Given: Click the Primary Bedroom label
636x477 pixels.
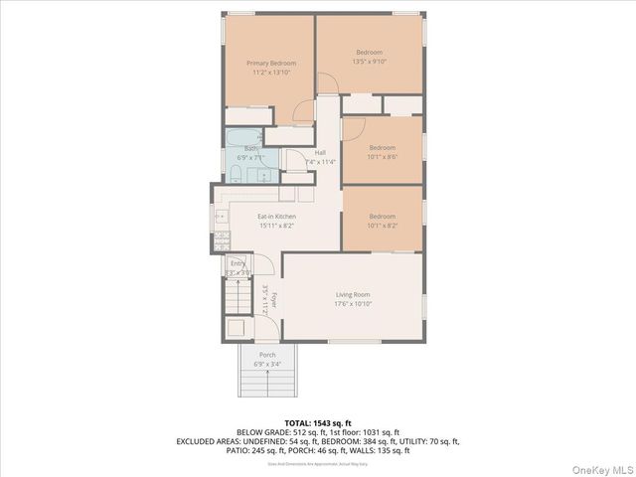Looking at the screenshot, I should pos(271,64).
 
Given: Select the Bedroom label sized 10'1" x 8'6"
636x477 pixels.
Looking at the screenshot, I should pos(383,148).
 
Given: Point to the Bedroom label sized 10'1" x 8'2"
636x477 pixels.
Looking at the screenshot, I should pos(383,217).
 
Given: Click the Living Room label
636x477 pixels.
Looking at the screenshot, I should pos(353,294).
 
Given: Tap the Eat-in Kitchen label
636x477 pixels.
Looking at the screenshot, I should pos(276,217).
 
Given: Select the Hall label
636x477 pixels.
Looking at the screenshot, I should pos(320,152).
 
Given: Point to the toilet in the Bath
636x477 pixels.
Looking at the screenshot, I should pos(236,174).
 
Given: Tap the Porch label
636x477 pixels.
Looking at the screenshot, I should pos(267,355).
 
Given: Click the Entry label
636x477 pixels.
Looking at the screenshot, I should pos(238,263).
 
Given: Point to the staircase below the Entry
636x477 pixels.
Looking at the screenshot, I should pos(238,295).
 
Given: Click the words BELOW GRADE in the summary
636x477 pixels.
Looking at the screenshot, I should pos(264,432).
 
